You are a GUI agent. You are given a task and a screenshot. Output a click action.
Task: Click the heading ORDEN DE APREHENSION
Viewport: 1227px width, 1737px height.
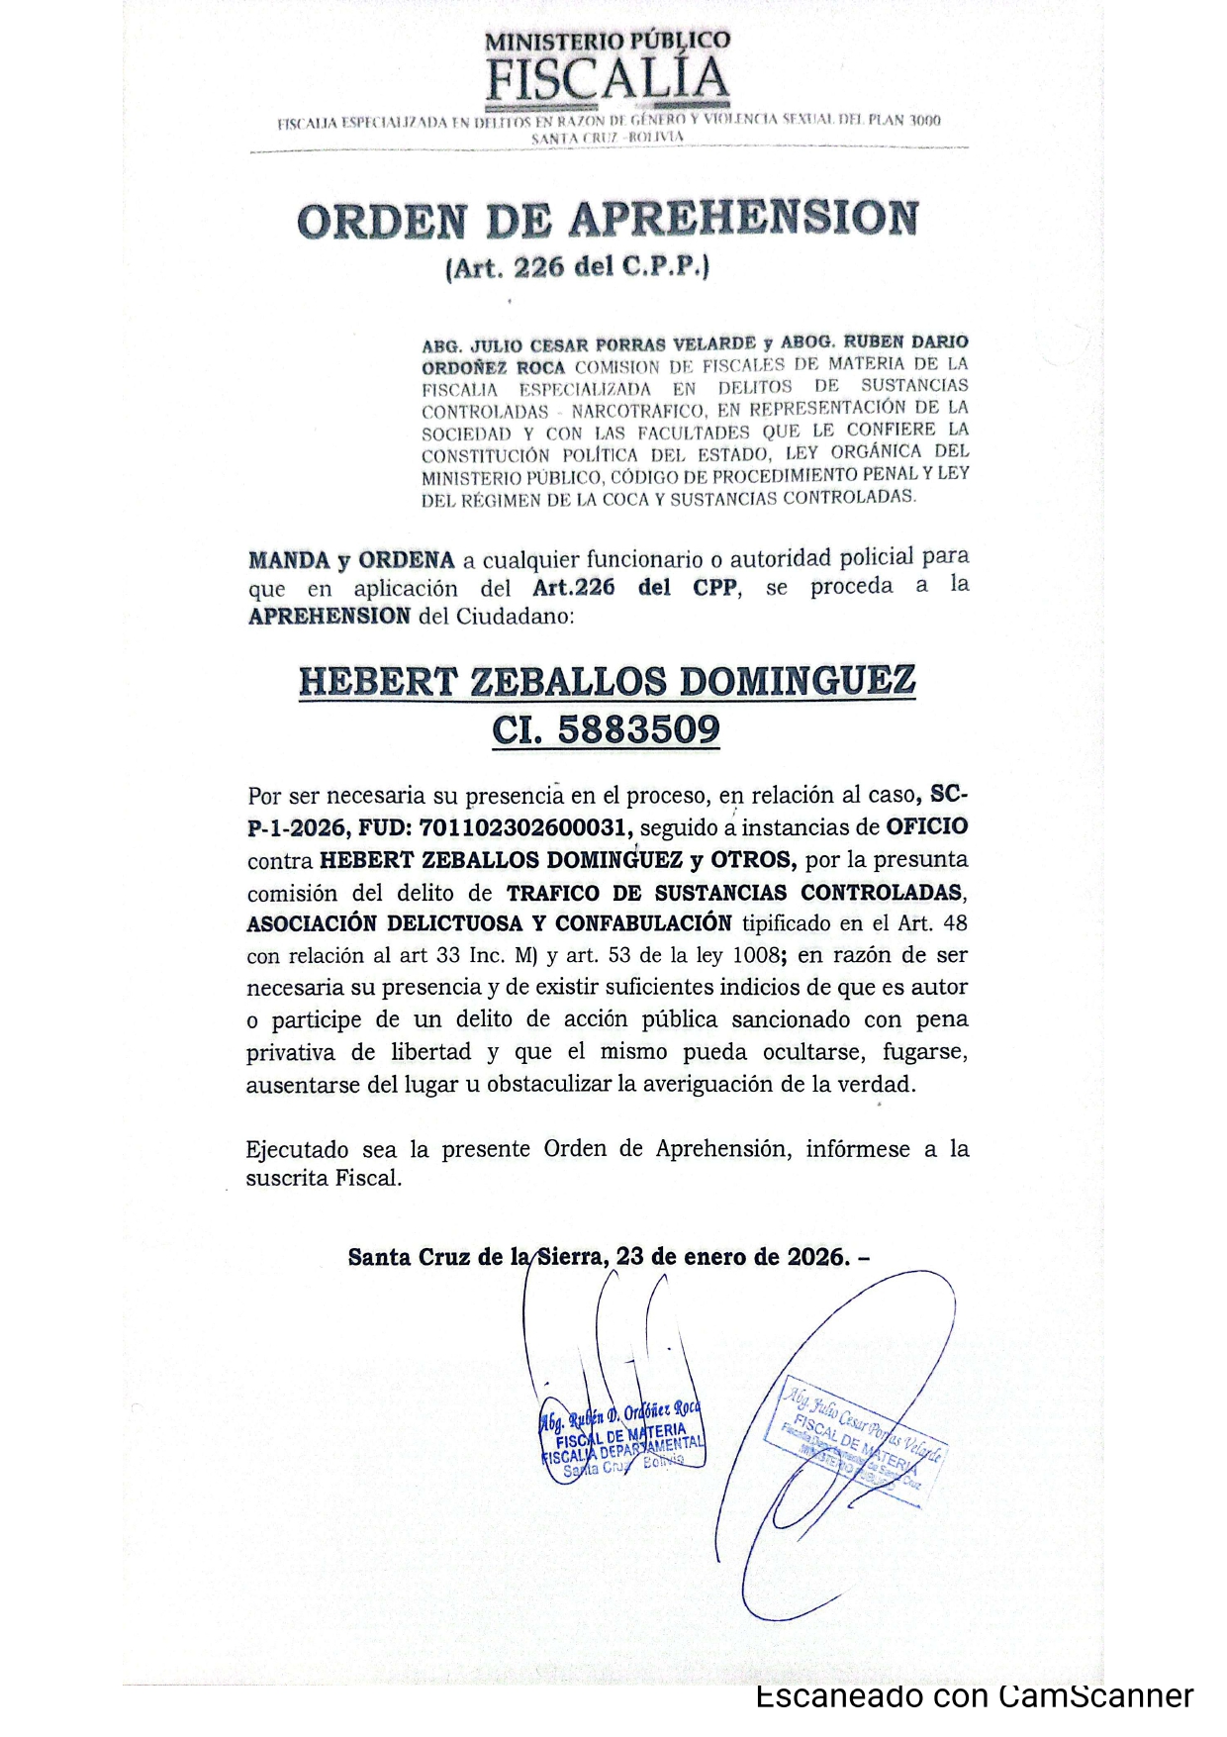[608, 220]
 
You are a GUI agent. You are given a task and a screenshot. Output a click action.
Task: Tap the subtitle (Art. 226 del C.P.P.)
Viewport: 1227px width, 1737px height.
[578, 267]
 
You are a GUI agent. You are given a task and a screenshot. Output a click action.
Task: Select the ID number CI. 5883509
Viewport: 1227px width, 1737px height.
[606, 730]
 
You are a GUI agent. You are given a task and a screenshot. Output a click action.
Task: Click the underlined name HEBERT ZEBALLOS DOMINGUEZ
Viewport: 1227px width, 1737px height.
[607, 681]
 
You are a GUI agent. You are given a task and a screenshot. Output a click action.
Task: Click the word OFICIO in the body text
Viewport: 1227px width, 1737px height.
[926, 826]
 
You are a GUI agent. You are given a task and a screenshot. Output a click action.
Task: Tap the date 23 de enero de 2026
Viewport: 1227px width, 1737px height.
[731, 1257]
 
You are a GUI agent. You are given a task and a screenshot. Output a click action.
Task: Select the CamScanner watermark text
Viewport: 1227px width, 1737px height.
[975, 1696]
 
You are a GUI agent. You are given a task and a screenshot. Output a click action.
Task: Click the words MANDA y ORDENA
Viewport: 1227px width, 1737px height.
[351, 560]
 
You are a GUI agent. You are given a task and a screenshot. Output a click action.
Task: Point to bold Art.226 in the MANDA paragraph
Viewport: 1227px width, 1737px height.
[573, 587]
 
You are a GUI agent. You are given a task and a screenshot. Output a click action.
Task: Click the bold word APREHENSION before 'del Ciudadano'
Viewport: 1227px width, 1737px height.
[329, 616]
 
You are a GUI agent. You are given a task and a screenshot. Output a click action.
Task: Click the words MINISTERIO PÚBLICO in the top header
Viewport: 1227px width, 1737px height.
[608, 41]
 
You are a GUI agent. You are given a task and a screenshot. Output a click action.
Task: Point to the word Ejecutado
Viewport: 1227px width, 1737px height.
[297, 1149]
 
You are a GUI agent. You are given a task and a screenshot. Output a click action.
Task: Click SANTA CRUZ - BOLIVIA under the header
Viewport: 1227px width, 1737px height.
[608, 137]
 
